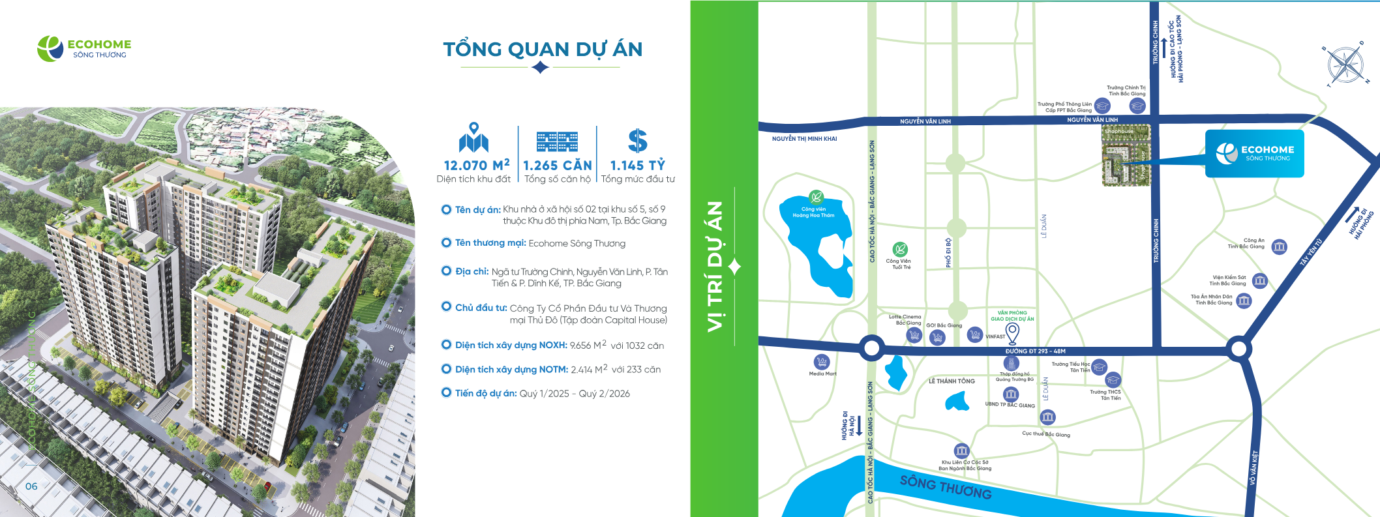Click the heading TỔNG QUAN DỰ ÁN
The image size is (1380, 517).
click(543, 50)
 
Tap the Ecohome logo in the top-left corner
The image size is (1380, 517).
click(85, 48)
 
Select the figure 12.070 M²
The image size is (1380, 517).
click(476, 165)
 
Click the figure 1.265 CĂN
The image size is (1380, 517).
click(558, 166)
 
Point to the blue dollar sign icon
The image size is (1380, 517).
click(637, 141)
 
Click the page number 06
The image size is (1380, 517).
click(31, 486)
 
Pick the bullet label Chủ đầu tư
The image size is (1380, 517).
click(481, 308)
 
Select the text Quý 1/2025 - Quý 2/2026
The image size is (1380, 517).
click(575, 394)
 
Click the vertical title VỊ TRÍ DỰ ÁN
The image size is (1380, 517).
click(715, 266)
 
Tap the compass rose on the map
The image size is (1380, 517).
click(1345, 65)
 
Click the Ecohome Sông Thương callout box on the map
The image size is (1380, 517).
click(1254, 153)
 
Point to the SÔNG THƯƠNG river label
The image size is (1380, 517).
click(946, 487)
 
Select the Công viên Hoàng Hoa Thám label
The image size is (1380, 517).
click(813, 212)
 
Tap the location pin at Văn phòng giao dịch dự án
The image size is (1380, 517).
click(1012, 333)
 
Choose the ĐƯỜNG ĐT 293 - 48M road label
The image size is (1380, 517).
click(1035, 351)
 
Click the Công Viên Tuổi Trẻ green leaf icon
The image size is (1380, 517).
click(900, 249)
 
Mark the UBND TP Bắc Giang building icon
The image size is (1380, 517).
click(1011, 394)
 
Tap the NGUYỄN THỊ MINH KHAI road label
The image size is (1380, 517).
click(804, 139)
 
